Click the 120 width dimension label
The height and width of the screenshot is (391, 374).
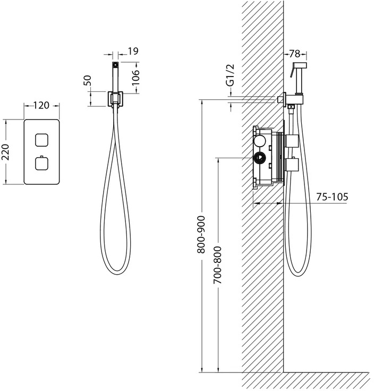tap(41, 105)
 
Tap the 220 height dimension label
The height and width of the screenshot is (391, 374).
tap(5, 152)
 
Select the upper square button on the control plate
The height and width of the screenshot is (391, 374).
tap(41, 140)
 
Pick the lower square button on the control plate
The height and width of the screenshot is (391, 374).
tap(41, 163)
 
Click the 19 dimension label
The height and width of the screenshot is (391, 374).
tap(133, 51)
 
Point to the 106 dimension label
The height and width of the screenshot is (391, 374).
tap(135, 78)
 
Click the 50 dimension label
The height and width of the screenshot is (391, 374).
tap(88, 80)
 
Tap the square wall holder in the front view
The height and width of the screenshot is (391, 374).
tap(115, 99)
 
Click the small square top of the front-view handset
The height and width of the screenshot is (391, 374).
tap(115, 65)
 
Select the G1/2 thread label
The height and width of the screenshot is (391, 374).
tap(231, 75)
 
